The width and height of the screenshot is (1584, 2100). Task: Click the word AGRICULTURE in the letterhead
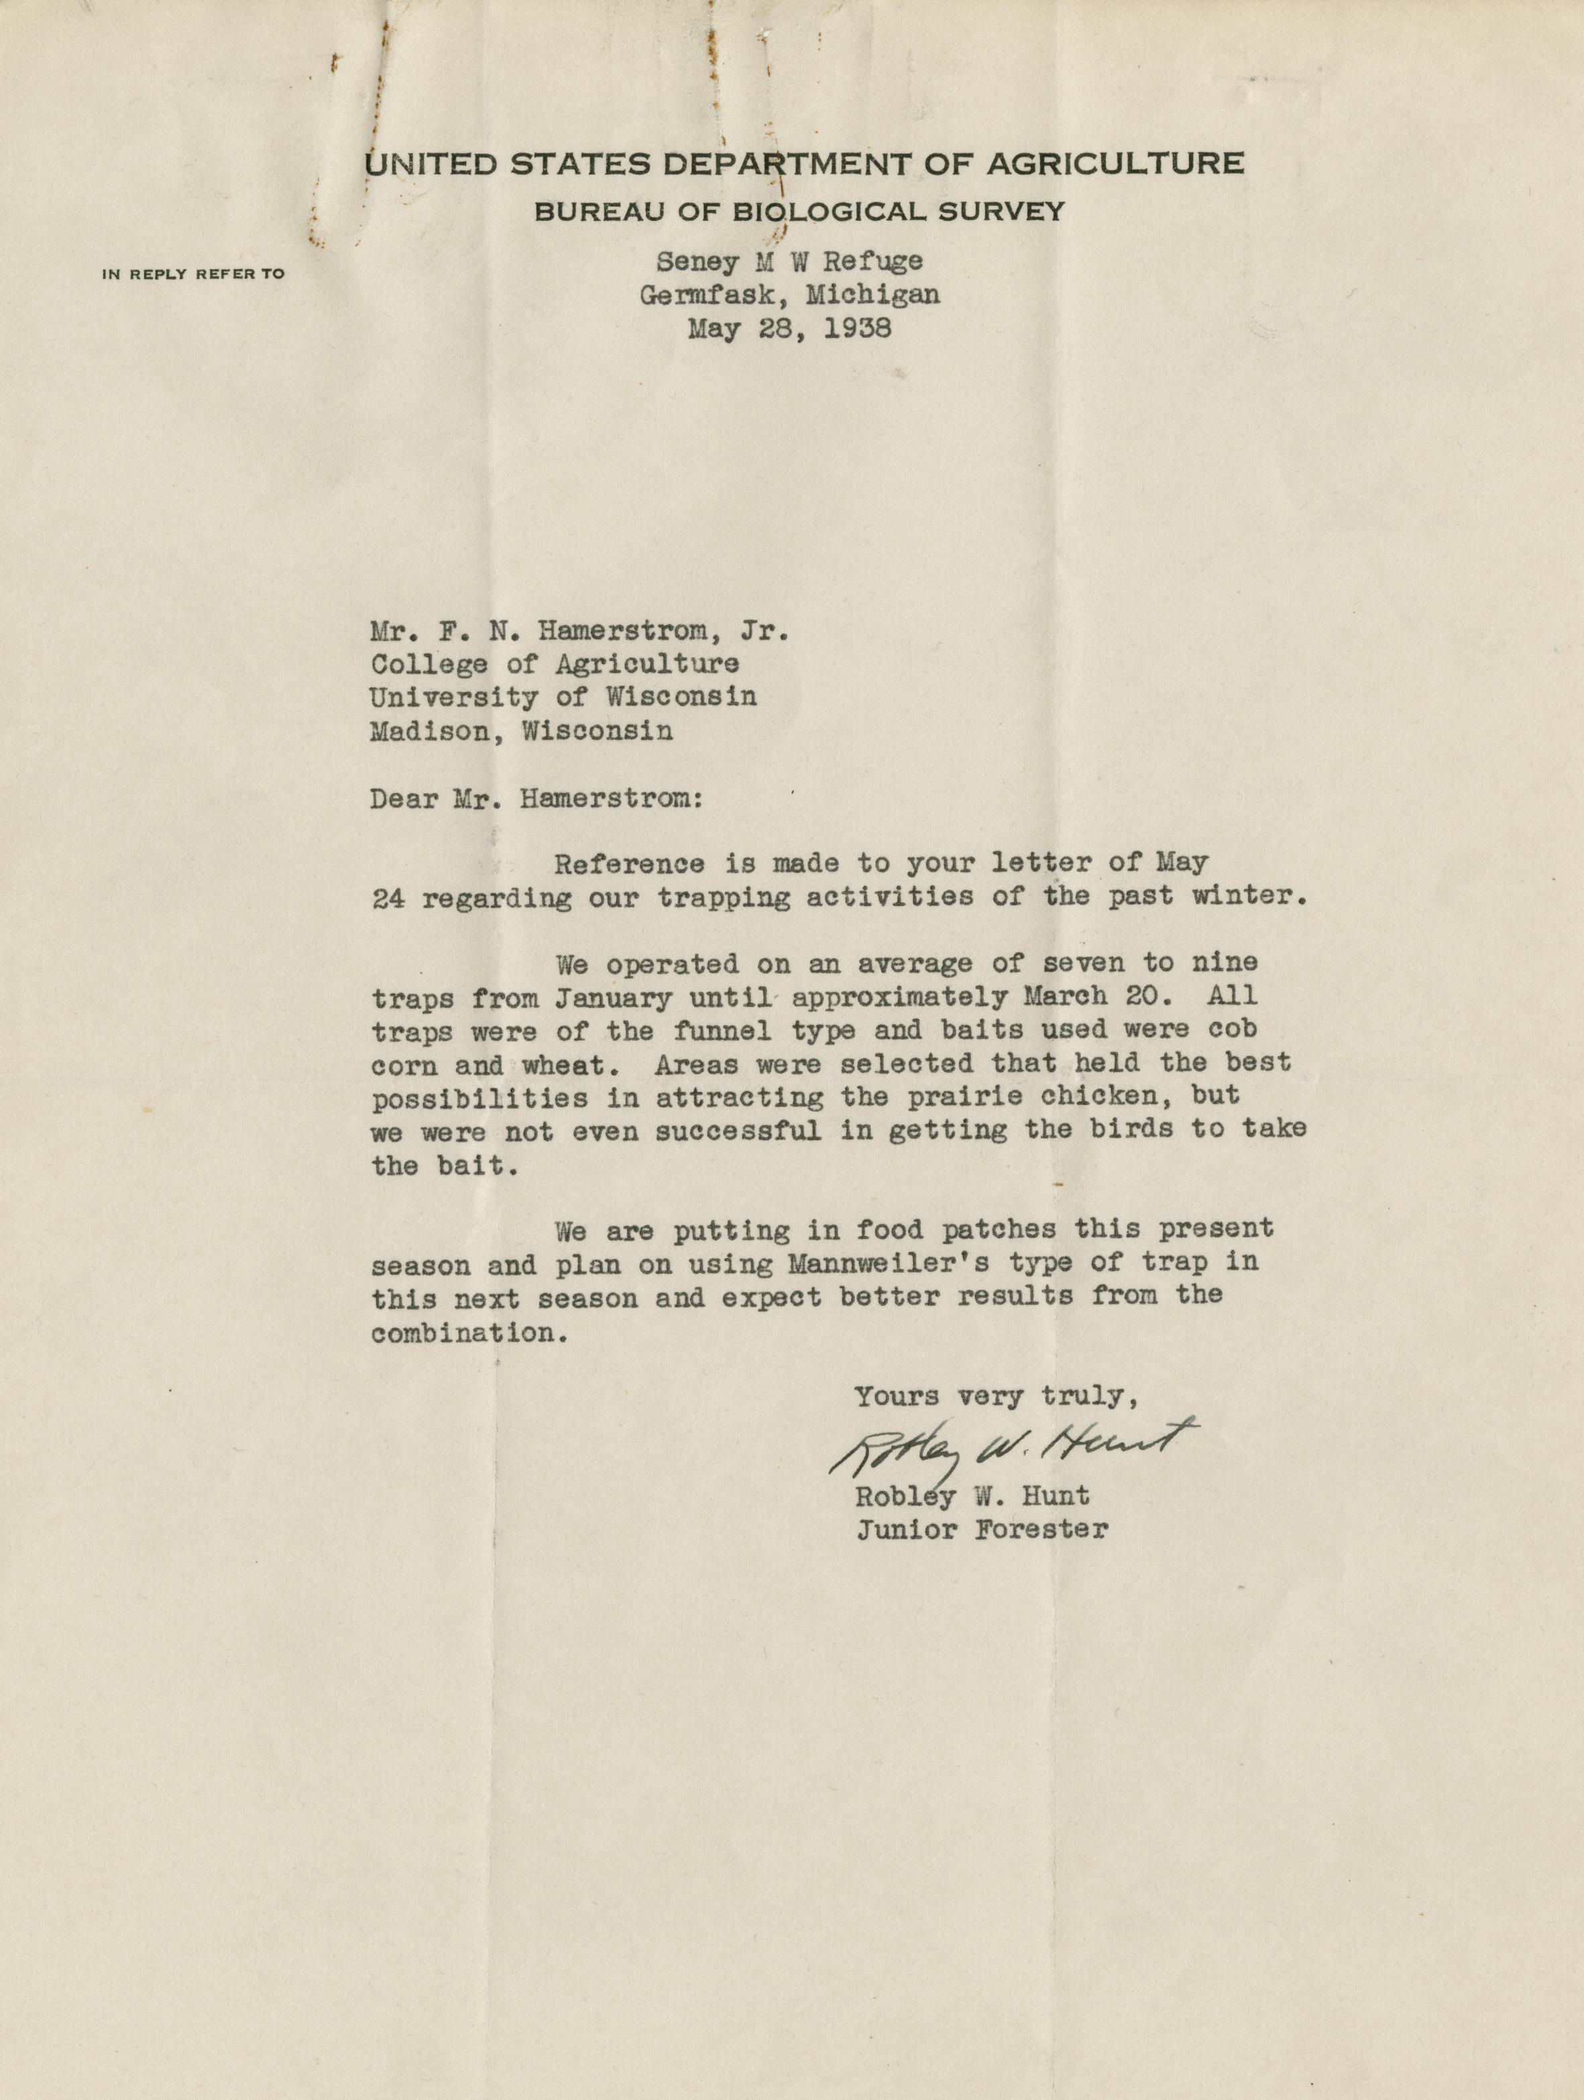click(1115, 164)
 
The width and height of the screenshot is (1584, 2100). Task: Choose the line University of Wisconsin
click(563, 698)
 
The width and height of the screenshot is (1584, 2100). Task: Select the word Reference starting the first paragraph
click(629, 865)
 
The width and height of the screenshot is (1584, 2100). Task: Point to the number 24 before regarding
click(388, 899)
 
